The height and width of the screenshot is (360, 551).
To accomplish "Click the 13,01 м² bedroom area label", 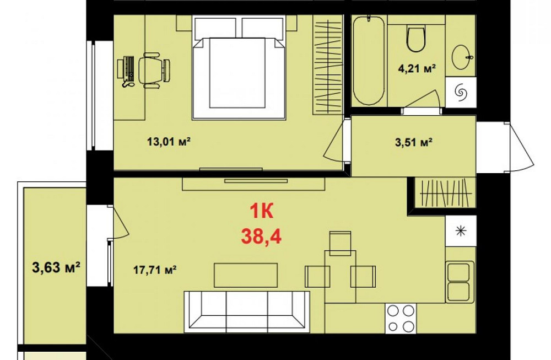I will pyautogui.click(x=169, y=142).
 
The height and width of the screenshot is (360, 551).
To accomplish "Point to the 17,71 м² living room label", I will pyautogui.click(x=154, y=270).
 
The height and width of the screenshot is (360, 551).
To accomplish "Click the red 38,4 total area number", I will pyautogui.click(x=261, y=237).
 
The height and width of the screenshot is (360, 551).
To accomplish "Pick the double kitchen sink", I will pyautogui.click(x=460, y=281).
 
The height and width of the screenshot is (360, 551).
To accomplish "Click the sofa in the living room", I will pyautogui.click(x=246, y=311).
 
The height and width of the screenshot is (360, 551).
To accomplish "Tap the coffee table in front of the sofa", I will pyautogui.click(x=246, y=275).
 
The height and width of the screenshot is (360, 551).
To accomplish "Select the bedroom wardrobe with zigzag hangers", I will pyautogui.click(x=327, y=65).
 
